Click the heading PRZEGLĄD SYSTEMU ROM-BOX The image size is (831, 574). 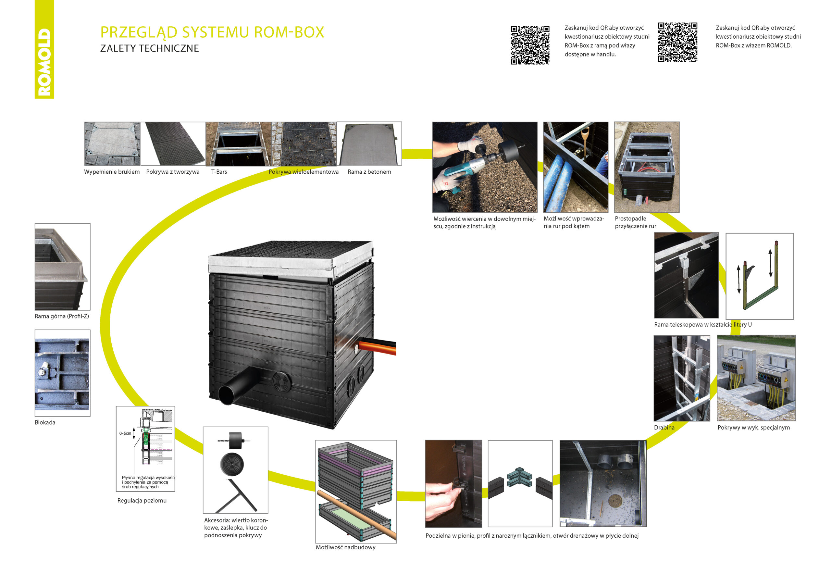click(x=212, y=32)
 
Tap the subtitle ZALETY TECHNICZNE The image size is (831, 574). click(x=149, y=48)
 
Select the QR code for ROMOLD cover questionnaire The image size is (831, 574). click(x=677, y=42)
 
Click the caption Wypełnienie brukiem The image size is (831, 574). click(x=112, y=172)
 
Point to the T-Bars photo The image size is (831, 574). click(x=238, y=144)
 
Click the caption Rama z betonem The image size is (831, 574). click(x=369, y=172)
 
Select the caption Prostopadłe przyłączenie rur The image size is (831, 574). click(x=635, y=222)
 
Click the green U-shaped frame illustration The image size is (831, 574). click(x=760, y=284)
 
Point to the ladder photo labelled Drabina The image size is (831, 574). click(x=681, y=378)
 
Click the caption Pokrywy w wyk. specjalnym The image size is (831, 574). click(x=753, y=428)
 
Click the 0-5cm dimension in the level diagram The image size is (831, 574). click(x=125, y=433)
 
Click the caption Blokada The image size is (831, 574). click(x=45, y=423)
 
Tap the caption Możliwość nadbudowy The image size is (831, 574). click(x=346, y=547)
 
